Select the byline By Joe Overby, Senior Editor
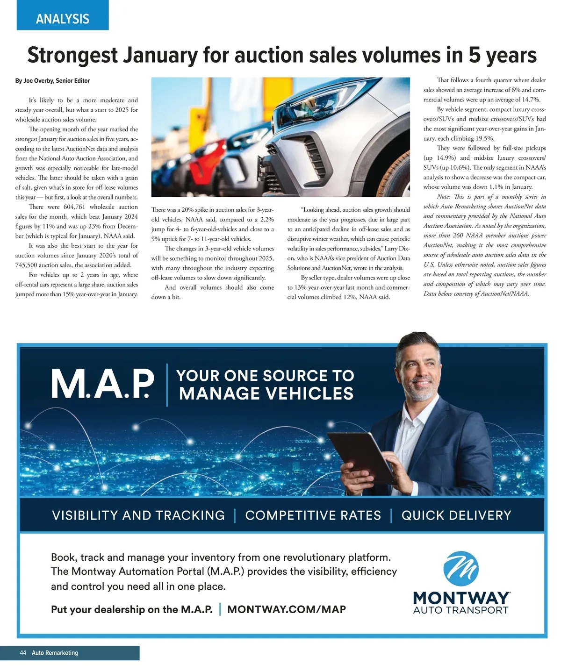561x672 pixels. pyautogui.click(x=52, y=81)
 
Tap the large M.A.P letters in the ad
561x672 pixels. pyautogui.click(x=102, y=384)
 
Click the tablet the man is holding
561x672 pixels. pyautogui.click(x=360, y=456)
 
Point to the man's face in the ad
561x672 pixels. pyautogui.click(x=418, y=369)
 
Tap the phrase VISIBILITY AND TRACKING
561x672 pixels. pyautogui.click(x=138, y=515)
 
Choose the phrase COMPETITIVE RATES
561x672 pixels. pyautogui.click(x=313, y=515)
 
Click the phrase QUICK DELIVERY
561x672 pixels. pyautogui.click(x=456, y=515)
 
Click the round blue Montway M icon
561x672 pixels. pyautogui.click(x=461, y=568)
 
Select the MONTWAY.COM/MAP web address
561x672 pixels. pyautogui.click(x=287, y=609)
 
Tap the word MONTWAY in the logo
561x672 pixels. pyautogui.click(x=461, y=598)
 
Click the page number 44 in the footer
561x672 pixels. pyautogui.click(x=23, y=653)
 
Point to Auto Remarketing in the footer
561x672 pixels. pyautogui.click(x=55, y=653)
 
